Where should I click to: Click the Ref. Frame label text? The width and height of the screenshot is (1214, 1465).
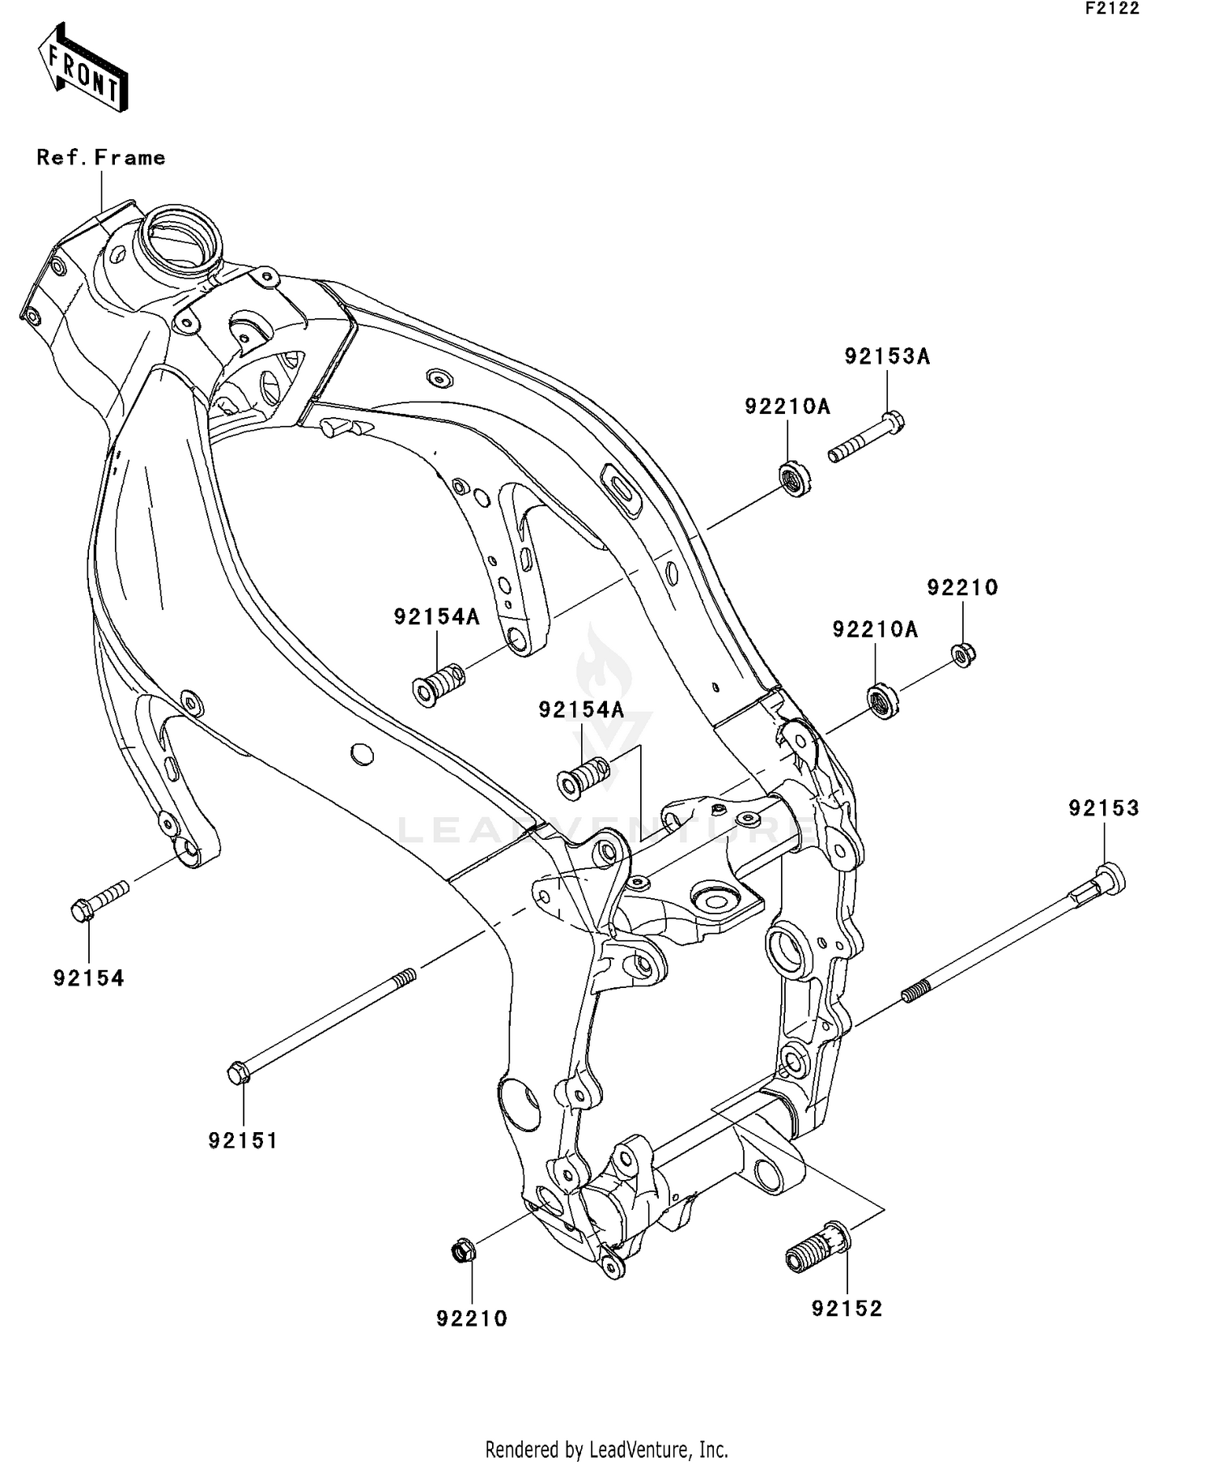coord(101,157)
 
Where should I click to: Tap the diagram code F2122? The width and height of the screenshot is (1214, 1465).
coord(1112,9)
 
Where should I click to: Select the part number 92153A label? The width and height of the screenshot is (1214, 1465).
coord(887,356)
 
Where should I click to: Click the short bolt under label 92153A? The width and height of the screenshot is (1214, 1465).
coord(866,437)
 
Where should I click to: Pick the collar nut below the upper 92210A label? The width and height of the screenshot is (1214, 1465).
coord(795,478)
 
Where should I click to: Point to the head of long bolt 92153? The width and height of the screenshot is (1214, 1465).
coord(1109,878)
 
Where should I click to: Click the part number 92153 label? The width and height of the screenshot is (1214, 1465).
coord(1103,808)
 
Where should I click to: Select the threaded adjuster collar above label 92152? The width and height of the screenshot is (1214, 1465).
coord(817,1250)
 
